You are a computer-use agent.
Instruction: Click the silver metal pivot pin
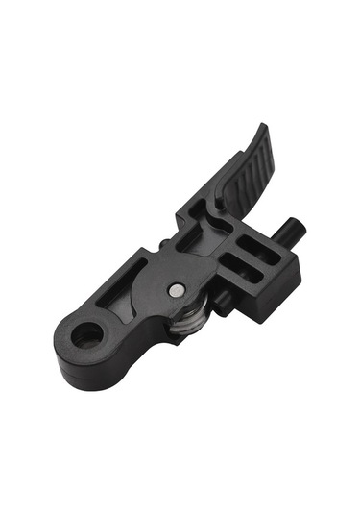coord(176,288)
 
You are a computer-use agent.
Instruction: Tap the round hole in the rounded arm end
coord(87,334)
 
